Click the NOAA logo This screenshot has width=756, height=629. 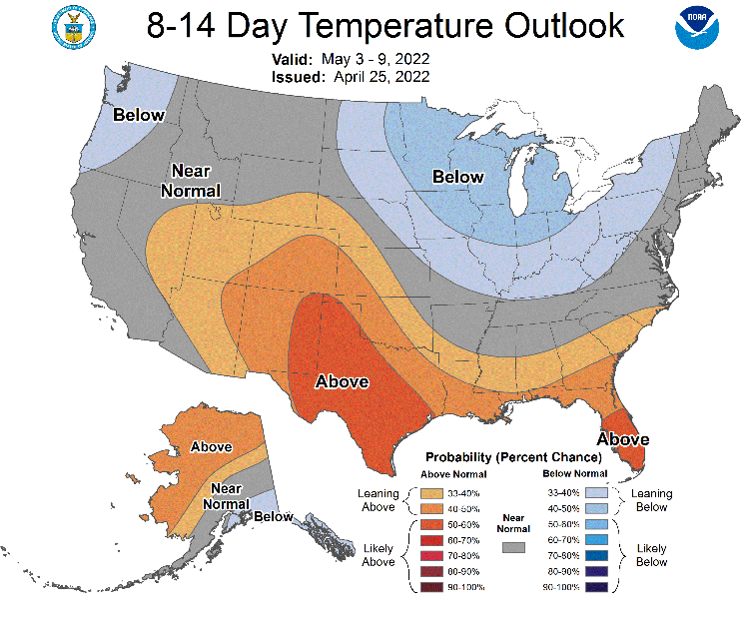tap(697, 28)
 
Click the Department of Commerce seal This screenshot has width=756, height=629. tap(74, 27)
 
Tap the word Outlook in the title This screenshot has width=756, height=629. tap(564, 26)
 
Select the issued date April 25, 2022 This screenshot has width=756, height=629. tap(381, 77)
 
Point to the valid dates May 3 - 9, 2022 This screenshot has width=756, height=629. tap(376, 59)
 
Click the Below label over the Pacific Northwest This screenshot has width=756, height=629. tap(139, 115)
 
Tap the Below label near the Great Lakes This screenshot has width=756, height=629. tap(457, 177)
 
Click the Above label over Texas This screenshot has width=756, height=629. tap(342, 381)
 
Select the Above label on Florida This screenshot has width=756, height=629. tap(623, 439)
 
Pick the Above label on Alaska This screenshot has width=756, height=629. tap(211, 447)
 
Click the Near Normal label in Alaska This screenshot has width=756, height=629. tap(226, 496)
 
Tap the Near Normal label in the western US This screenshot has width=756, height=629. tap(191, 181)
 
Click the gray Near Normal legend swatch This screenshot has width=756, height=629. tap(513, 547)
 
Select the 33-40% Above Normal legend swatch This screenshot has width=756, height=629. tap(431, 493)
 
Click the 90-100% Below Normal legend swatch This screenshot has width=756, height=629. tap(596, 587)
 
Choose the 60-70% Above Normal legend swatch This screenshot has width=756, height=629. tap(431, 540)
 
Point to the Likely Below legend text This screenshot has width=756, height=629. tap(651, 555)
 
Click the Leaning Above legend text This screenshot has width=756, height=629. tap(378, 500)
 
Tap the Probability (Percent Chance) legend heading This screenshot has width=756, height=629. tap(513, 457)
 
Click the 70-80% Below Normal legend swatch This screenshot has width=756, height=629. tap(596, 556)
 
